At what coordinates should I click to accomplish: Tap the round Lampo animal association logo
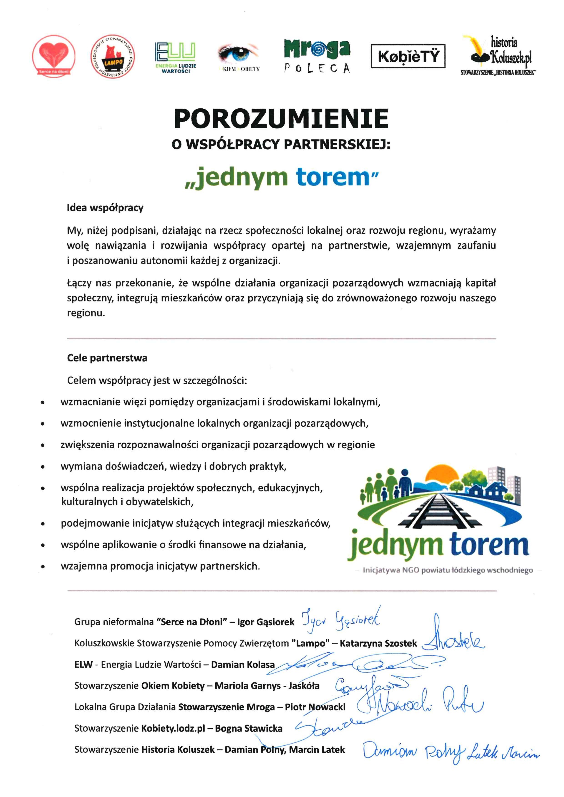pyautogui.click(x=113, y=56)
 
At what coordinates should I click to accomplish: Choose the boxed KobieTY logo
pyautogui.click(x=408, y=56)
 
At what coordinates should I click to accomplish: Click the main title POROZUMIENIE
pyautogui.click(x=281, y=119)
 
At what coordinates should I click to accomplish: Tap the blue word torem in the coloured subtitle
pyautogui.click(x=333, y=177)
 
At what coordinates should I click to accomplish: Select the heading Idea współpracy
pyautogui.click(x=105, y=208)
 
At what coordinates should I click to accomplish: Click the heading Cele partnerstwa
pyautogui.click(x=107, y=358)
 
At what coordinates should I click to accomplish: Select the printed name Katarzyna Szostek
pyautogui.click(x=378, y=643)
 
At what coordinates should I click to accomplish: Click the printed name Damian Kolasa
pyautogui.click(x=243, y=665)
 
